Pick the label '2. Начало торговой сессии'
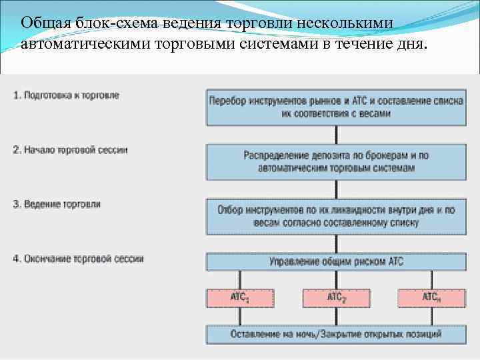[x=70, y=150]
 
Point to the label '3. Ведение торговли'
[x=56, y=204]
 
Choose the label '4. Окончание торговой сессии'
[x=77, y=258]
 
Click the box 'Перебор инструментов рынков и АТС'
[x=336, y=107]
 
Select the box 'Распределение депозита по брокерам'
[x=336, y=161]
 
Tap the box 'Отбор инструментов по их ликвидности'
[x=336, y=216]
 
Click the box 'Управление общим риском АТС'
[x=336, y=261]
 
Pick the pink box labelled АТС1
[x=240, y=297]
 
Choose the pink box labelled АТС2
[x=335, y=297]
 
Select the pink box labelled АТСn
[x=431, y=297]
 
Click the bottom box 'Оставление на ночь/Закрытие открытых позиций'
[x=336, y=333]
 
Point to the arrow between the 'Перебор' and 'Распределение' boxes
[x=336, y=134]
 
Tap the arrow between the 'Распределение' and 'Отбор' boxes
[x=336, y=189]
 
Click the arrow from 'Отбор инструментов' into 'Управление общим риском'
[x=336, y=243]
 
